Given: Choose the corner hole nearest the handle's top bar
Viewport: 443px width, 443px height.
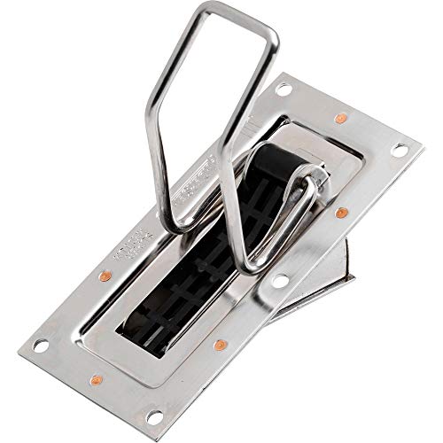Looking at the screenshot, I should click(x=283, y=89).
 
